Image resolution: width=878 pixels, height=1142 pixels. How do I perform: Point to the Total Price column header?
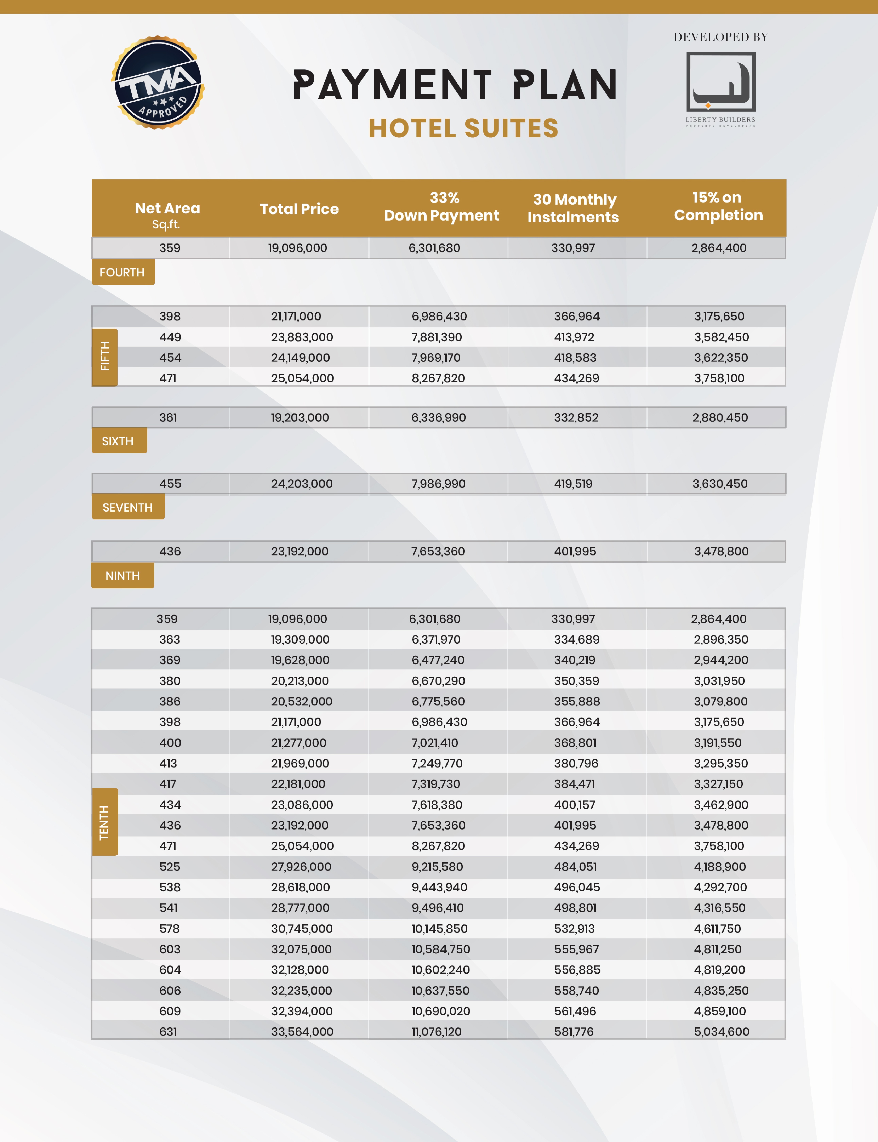pos(299,209)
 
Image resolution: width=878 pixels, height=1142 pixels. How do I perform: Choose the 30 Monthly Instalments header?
pos(573,208)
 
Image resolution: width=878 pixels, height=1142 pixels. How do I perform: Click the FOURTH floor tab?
pos(122,272)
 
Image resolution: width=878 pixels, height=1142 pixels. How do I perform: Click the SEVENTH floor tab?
pos(127,508)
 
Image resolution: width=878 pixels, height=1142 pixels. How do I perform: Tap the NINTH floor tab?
pos(122,576)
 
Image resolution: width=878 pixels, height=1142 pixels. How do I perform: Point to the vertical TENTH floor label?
pos(105,822)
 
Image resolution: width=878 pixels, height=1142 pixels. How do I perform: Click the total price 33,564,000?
pos(302,1032)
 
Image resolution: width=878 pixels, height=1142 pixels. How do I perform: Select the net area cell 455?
pos(170,484)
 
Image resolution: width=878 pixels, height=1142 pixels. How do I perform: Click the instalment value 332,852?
pos(576,418)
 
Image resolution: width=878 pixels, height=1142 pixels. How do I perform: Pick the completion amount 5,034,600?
pos(721,1032)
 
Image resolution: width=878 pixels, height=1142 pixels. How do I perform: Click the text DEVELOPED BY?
pos(721,37)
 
